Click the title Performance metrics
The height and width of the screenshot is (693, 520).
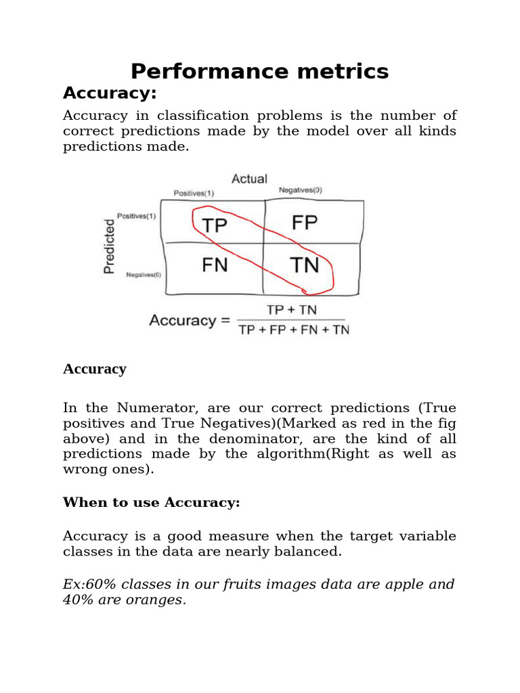[x=259, y=71]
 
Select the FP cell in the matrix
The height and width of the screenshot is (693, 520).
[x=304, y=223]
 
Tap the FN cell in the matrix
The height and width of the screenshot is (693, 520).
[x=215, y=265]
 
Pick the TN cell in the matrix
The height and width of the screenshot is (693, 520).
[x=304, y=265]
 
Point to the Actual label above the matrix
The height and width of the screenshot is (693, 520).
[x=249, y=179]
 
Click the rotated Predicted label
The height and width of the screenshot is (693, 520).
[x=108, y=245]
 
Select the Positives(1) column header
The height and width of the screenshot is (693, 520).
[x=194, y=193]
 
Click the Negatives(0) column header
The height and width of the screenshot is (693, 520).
[x=301, y=190]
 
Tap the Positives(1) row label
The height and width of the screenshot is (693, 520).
[x=137, y=216]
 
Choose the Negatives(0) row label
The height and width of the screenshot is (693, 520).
[x=144, y=275]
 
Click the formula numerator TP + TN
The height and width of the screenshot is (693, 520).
[x=292, y=310]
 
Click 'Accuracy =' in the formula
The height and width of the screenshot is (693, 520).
[x=190, y=320]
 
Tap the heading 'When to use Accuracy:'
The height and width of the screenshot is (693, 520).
[x=152, y=502]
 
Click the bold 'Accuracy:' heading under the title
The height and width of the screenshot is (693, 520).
[x=110, y=92]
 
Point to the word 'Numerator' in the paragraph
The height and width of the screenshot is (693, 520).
[x=149, y=408]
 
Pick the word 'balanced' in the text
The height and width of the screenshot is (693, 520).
[x=311, y=552]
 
